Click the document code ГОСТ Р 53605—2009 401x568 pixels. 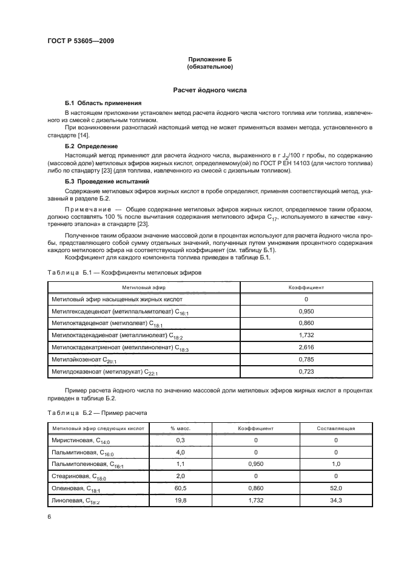tap(80, 41)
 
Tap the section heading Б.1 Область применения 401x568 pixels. tap(103, 103)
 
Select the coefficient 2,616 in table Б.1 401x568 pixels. tap(306, 346)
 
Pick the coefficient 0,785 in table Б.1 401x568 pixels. tap(306, 358)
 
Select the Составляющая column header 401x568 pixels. tap(335, 428)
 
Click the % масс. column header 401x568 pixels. tap(180, 428)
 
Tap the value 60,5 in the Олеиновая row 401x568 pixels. tap(180, 488)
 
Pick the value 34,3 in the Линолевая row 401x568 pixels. tap(335, 500)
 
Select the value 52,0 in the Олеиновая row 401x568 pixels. tap(335, 488)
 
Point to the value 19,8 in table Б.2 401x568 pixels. tap(180, 500)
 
